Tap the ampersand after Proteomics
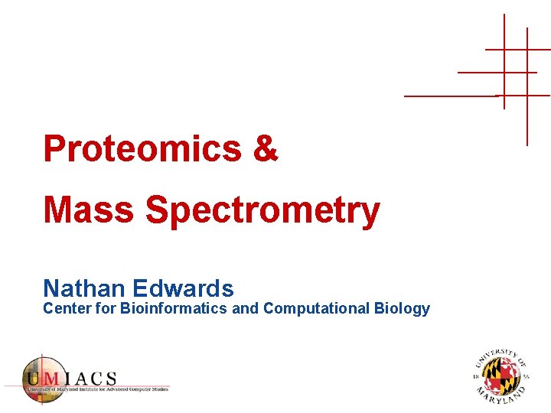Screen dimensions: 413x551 [x=265, y=148]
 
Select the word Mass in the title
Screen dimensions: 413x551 [x=88, y=210]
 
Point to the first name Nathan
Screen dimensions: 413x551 [x=84, y=288]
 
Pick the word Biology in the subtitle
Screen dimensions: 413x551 [x=402, y=309]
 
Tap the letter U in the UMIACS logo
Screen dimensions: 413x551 [x=33, y=378]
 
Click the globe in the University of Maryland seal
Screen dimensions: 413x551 [x=500, y=376]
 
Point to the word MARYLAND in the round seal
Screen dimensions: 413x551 [x=500, y=397]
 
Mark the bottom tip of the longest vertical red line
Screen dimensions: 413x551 [x=527, y=145]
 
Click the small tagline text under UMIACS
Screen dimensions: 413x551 [x=95, y=390]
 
